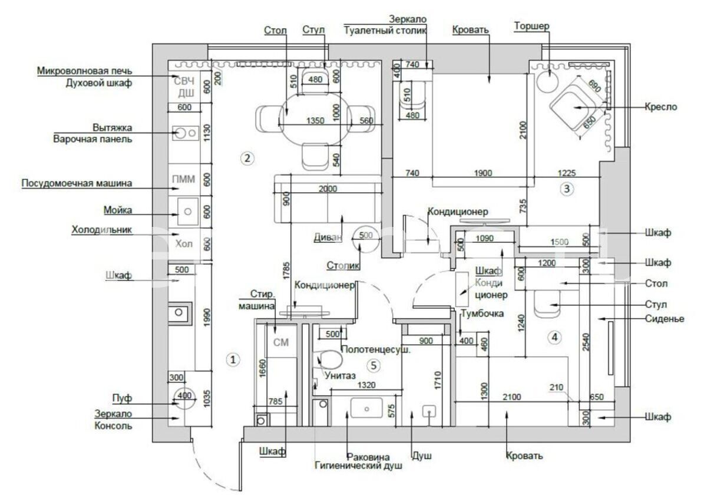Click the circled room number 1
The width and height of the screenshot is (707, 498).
(x=233, y=360)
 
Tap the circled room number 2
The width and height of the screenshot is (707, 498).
(x=248, y=158)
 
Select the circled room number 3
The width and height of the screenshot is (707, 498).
(x=566, y=189)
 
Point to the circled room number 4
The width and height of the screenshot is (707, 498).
(x=554, y=338)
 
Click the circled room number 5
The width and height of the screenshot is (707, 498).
(x=373, y=366)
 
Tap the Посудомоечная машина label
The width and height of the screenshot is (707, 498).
(x=77, y=184)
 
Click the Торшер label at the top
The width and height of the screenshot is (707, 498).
(x=531, y=27)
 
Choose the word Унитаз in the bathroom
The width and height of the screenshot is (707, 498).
(x=340, y=375)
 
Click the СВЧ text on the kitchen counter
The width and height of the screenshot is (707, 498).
(x=183, y=80)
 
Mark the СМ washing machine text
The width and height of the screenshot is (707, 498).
(x=282, y=343)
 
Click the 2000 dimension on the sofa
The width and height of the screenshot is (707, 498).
(x=328, y=189)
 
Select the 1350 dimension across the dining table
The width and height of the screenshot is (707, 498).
(x=315, y=121)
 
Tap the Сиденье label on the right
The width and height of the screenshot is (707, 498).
(x=664, y=319)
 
